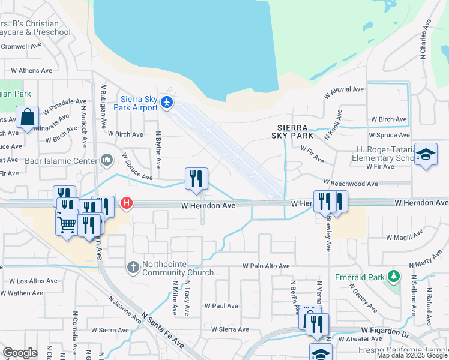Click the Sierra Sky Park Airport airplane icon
point(167,103)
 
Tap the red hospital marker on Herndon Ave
point(127,203)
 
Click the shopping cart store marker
point(67,224)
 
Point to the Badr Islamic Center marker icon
point(107,160)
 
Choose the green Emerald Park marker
point(393,276)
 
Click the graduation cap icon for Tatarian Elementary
point(426,155)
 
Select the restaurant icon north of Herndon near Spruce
point(196,178)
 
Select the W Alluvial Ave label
point(344,89)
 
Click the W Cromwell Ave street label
point(21,46)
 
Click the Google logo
point(20,353)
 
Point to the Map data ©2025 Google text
point(412,355)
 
